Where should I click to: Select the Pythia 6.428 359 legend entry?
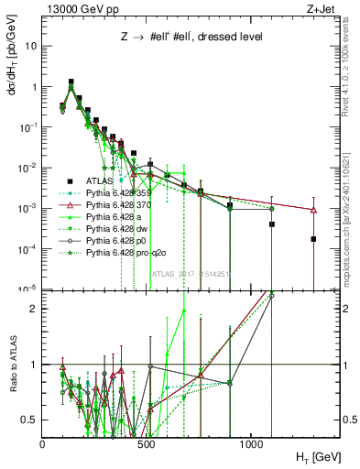(x=123, y=193)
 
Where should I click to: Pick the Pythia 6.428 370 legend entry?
(x=123, y=205)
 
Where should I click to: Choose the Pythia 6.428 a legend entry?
(x=116, y=216)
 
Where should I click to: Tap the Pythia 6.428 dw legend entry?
(x=118, y=227)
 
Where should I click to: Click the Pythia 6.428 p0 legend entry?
(x=118, y=238)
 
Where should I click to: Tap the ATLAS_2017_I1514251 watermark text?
(x=191, y=273)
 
